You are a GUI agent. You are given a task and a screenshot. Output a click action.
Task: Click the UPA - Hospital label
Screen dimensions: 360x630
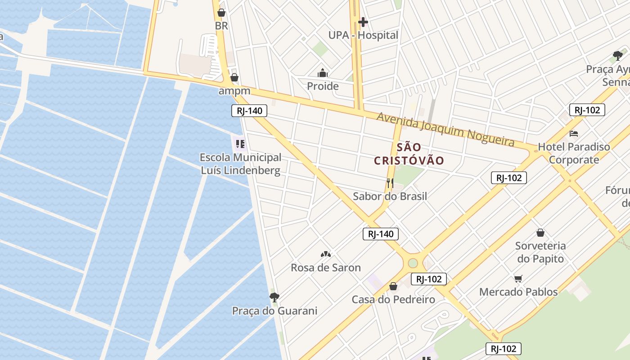[363, 35]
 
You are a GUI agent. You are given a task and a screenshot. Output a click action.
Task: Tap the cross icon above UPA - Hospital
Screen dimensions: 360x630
[363, 22]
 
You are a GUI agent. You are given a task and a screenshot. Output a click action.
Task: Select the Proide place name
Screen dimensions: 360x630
[323, 86]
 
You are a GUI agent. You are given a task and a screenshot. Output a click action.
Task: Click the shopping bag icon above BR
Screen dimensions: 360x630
[221, 13]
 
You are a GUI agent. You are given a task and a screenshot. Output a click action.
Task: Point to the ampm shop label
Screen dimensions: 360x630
[234, 91]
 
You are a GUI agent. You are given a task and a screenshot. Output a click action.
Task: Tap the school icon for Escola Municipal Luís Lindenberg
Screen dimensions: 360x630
[240, 144]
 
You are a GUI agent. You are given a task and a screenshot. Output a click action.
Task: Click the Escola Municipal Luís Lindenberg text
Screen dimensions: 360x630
[240, 164]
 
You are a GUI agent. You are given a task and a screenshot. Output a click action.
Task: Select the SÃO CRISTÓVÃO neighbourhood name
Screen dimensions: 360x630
[409, 154]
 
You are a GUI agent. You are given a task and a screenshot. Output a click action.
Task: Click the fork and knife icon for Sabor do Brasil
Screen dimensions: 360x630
[390, 183]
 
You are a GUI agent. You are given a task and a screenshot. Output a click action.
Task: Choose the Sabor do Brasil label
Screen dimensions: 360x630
[390, 196]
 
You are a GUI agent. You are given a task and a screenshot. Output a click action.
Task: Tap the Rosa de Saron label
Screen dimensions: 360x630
[326, 268]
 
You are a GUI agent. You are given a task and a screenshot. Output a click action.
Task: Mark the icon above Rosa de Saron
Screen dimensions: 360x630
[326, 254]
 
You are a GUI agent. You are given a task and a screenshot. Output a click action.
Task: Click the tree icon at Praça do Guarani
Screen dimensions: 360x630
[274, 297]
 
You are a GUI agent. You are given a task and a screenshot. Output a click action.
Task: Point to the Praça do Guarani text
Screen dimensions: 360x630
[274, 311]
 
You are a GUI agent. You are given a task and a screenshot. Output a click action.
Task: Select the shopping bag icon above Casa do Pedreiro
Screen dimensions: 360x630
[393, 286]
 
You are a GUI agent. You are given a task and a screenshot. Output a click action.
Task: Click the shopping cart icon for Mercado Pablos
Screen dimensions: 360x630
[518, 279]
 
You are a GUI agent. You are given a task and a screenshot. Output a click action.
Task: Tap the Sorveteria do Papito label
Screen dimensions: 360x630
[540, 252]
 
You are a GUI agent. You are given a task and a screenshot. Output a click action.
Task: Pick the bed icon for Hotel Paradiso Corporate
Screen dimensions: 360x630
[574, 134]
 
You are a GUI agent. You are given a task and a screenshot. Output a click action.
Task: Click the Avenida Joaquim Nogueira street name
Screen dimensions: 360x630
[445, 129]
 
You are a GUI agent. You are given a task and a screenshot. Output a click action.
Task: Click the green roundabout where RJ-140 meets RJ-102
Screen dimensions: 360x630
[413, 263]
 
